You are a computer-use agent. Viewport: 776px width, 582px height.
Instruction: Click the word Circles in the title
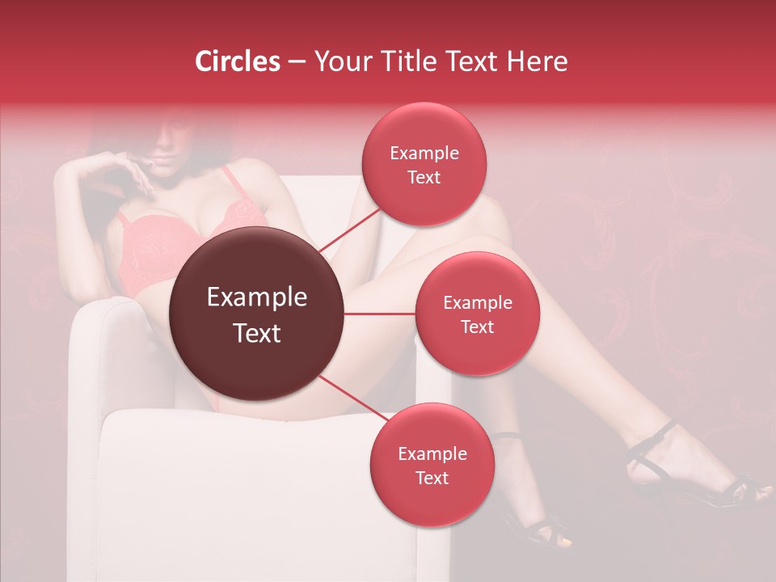pos(237,61)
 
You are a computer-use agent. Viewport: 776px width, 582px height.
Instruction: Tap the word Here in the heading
pos(537,61)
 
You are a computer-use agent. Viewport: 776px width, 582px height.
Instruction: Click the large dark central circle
pos(257,314)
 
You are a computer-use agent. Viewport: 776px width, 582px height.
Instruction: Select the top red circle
pos(424,164)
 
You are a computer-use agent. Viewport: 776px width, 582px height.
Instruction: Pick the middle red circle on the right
pos(477,314)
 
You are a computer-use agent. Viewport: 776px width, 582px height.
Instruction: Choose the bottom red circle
pos(432,465)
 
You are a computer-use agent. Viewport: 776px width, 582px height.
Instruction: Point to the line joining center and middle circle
pos(380,314)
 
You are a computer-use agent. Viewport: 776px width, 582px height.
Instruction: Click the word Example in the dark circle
pos(257,297)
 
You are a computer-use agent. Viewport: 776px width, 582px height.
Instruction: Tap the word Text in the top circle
pos(424,177)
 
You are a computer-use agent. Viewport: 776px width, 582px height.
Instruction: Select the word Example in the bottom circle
pos(432,453)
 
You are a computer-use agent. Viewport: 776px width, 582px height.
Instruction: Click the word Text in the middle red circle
pos(477,327)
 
